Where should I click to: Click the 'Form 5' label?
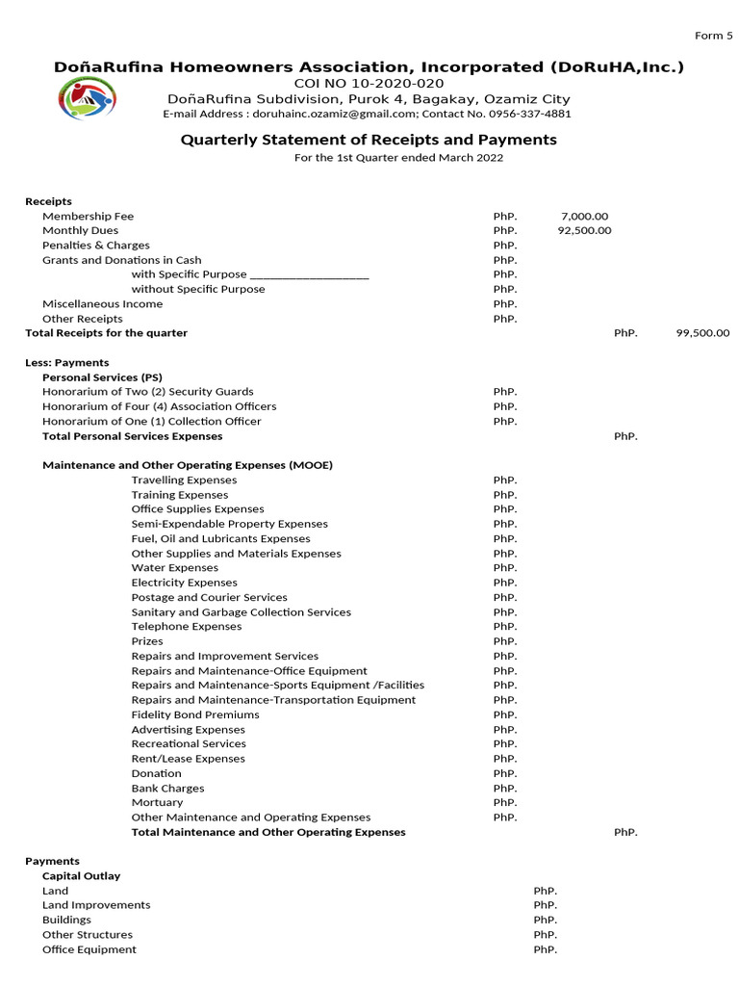tap(713, 36)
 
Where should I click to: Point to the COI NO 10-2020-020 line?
tap(369, 84)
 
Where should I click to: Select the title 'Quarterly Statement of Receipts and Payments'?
tap(369, 140)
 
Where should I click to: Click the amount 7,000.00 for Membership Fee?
tap(584, 217)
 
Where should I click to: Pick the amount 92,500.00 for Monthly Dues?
tap(584, 231)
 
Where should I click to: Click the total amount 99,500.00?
tap(702, 333)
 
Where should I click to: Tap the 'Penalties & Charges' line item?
tap(95, 246)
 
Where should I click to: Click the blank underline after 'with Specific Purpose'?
tap(309, 275)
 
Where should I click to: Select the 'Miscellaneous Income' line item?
tap(102, 304)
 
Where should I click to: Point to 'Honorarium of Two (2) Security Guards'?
tap(147, 392)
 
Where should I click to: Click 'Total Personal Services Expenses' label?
tap(132, 436)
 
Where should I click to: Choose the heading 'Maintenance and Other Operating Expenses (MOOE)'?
tap(188, 465)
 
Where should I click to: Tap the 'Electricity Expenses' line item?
tap(184, 583)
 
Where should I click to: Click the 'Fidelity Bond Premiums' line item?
tap(195, 714)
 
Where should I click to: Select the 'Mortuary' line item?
tap(157, 802)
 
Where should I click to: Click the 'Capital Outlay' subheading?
tap(81, 876)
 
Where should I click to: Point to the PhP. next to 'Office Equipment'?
tap(545, 949)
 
